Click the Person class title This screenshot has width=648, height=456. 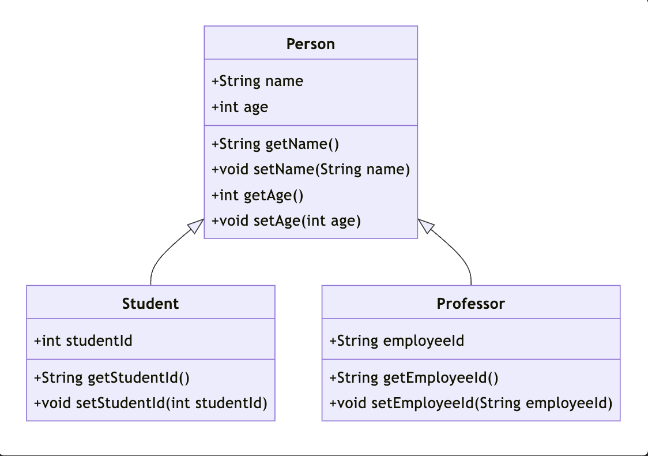(310, 44)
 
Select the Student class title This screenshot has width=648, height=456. (150, 304)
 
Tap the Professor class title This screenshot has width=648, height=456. (470, 304)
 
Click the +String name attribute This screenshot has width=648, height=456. (257, 81)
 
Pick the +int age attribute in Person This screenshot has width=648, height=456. (240, 107)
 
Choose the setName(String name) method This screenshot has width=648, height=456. (311, 170)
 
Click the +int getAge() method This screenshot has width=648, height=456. (257, 195)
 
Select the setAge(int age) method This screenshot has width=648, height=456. (286, 221)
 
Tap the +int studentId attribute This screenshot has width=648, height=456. (83, 341)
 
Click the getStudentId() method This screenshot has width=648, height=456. (112, 378)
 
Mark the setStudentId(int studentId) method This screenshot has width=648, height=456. (150, 403)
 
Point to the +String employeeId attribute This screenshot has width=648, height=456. (396, 341)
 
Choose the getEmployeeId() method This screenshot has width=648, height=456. (413, 378)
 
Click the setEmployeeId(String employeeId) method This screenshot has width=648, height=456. (470, 403)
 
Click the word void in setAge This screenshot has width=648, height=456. (234, 221)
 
